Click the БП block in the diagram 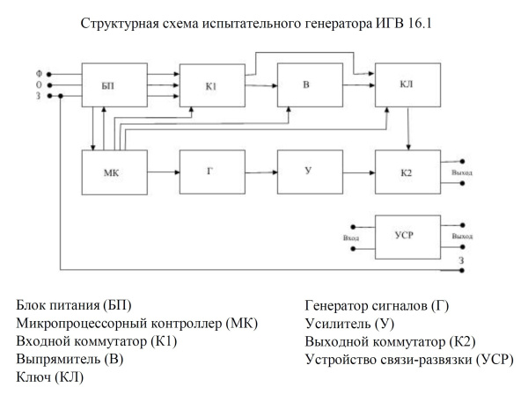[x=108, y=84]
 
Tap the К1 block [x=209, y=84]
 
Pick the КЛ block [x=404, y=84]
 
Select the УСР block [x=404, y=236]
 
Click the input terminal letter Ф [x=38, y=73]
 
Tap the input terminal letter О [x=38, y=84]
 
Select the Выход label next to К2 [x=462, y=172]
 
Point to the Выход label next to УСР [x=462, y=237]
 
